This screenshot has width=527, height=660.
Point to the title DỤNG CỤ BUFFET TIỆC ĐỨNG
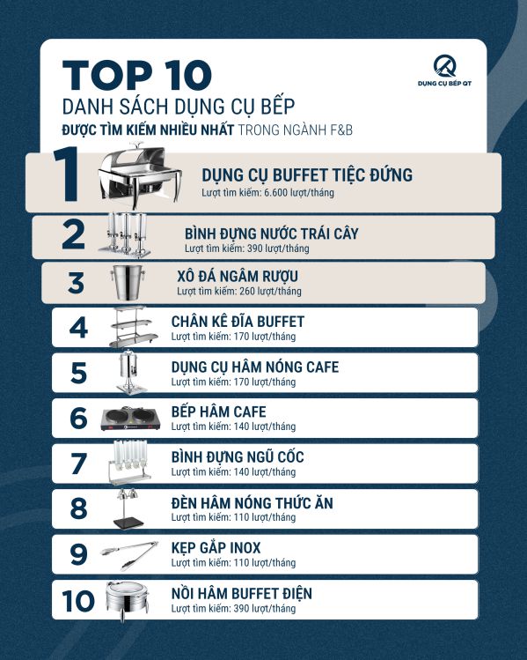(x=307, y=175)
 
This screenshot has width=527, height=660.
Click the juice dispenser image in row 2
(x=132, y=234)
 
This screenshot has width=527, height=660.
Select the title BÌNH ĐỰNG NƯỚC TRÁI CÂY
(x=271, y=234)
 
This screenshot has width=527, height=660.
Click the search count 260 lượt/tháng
(x=239, y=291)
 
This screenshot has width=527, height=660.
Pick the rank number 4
(x=78, y=328)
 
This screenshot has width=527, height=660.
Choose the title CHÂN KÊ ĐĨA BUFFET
(x=238, y=322)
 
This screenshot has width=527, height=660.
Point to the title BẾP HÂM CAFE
(x=218, y=412)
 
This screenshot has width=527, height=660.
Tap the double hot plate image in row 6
(x=131, y=419)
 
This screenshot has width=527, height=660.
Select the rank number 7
(x=78, y=463)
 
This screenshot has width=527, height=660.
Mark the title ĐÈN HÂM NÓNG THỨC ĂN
(x=252, y=503)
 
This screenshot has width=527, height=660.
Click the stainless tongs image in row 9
(x=128, y=552)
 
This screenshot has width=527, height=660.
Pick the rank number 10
(x=78, y=600)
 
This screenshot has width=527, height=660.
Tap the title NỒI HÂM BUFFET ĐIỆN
(x=241, y=593)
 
